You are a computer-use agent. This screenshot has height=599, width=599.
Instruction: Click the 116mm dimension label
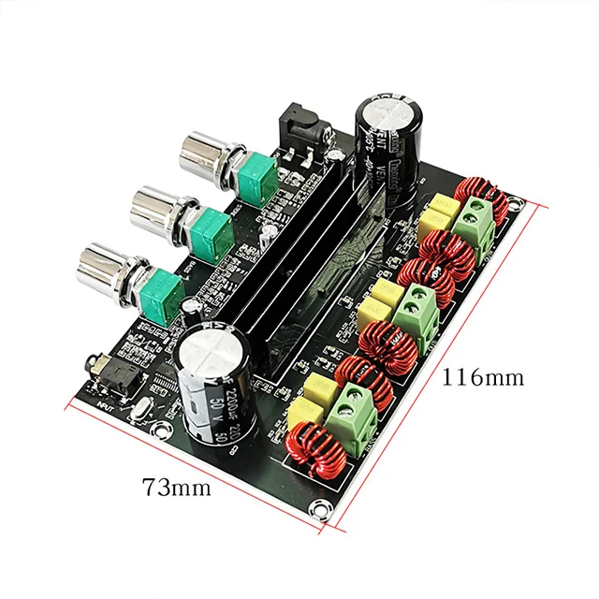[x=483, y=377]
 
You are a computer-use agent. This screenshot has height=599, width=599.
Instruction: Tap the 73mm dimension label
[x=176, y=488]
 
